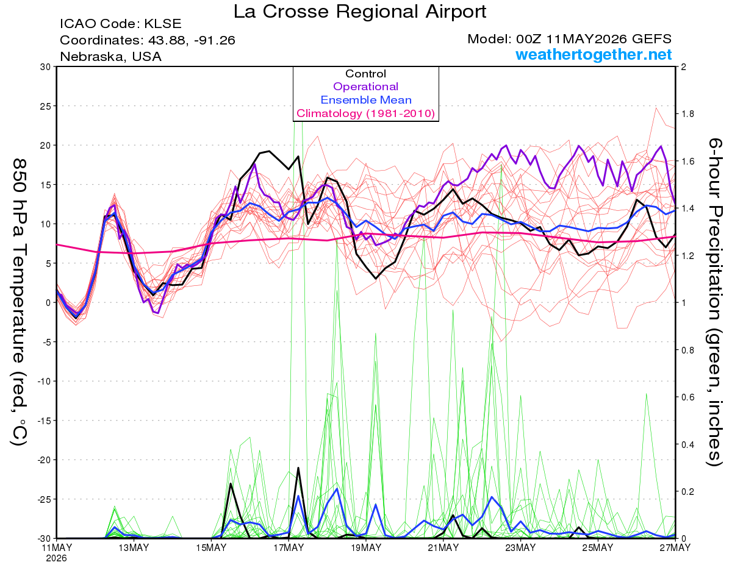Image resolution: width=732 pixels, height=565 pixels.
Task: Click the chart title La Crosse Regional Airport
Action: click(x=360, y=12)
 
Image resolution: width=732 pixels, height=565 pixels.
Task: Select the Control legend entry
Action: click(x=365, y=73)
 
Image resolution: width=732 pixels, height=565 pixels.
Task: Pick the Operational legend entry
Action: click(x=365, y=87)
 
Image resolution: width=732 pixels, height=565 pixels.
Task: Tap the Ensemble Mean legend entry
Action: click(x=366, y=100)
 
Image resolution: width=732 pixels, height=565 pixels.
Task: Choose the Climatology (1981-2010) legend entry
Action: click(x=365, y=113)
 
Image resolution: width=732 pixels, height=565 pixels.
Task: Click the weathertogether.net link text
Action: click(x=594, y=54)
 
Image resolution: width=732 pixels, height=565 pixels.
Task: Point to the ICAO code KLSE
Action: click(x=163, y=24)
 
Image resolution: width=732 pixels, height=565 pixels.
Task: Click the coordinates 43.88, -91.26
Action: click(x=192, y=40)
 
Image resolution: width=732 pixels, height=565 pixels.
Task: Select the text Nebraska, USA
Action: click(x=110, y=57)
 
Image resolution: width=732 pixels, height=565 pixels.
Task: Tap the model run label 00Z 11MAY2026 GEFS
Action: click(x=594, y=39)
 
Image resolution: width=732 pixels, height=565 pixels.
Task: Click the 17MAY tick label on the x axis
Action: click(x=289, y=547)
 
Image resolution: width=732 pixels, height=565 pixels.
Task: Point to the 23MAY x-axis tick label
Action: click(x=520, y=547)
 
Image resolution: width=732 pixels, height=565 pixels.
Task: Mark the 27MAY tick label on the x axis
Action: click(x=675, y=547)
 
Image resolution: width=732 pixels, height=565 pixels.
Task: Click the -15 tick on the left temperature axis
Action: click(x=44, y=421)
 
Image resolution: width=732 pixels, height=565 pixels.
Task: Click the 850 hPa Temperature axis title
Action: click(x=20, y=302)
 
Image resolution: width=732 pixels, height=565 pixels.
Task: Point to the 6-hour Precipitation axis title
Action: click(x=714, y=302)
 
